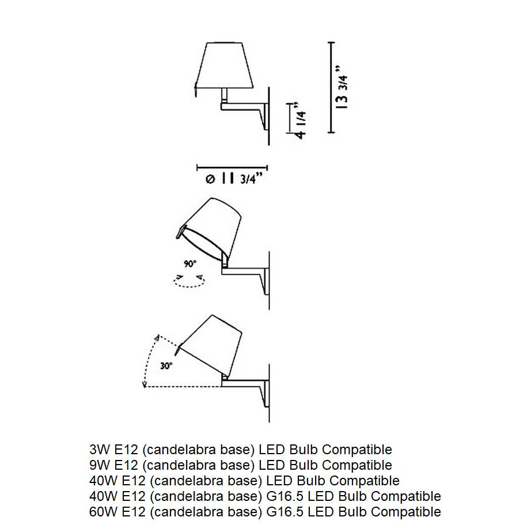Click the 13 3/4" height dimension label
coord(342,87)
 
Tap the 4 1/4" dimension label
coord(301,120)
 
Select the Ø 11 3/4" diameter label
coord(234,179)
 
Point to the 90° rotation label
coord(190,263)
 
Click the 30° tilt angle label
coord(166,366)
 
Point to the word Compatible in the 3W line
coord(357,450)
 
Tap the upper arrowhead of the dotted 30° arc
coord(157,337)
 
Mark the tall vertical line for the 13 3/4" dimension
coord(331,87)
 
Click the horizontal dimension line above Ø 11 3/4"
coord(232,168)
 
